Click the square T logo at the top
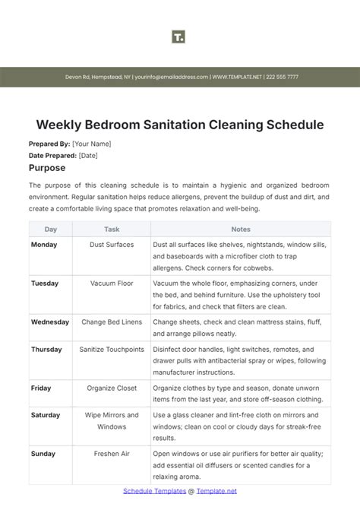179,36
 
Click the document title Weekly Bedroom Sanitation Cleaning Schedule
180,124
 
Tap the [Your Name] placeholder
92,144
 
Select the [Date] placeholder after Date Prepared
88,155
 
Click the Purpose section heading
47,167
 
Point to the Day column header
51,229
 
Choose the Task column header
112,229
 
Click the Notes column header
241,229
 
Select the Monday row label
44,245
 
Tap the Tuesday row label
45,284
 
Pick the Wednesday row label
50,322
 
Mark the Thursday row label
47,350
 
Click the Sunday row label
43,454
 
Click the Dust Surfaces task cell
112,245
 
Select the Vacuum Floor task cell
112,284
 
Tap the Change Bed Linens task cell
112,322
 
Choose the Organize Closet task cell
112,388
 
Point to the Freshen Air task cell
112,454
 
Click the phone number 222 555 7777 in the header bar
282,77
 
